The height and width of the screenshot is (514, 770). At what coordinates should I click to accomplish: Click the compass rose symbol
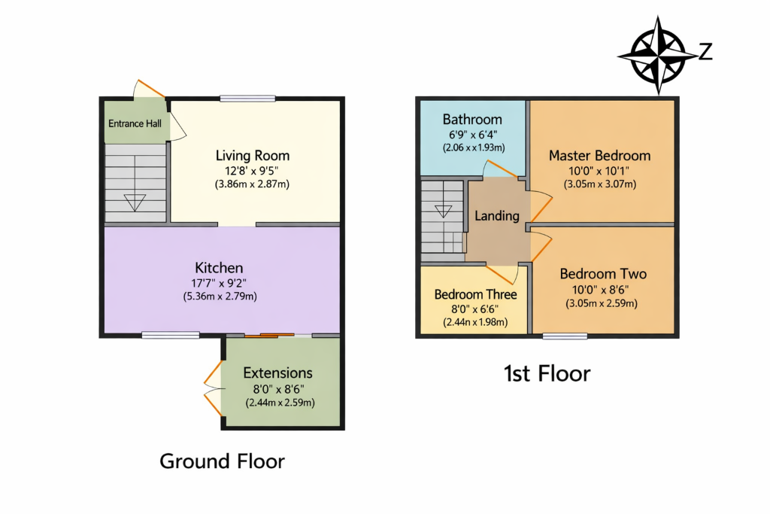pos(658,54)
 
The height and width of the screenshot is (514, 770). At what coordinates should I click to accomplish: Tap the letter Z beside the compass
pos(705,52)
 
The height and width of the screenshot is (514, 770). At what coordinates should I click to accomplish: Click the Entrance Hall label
pos(135,123)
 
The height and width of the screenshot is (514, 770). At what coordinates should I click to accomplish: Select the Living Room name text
pos(253,156)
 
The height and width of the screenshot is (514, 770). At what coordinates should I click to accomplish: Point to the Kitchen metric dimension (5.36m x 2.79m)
pos(220,297)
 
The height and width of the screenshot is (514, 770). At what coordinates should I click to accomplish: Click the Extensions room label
pos(278,373)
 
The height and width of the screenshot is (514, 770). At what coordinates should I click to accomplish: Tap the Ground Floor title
pos(222,461)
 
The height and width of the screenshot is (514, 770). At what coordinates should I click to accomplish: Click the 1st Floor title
pos(547,373)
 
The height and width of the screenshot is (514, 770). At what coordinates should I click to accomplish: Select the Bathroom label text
pos(472,120)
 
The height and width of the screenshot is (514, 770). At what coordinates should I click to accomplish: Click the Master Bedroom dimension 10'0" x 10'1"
pos(599,171)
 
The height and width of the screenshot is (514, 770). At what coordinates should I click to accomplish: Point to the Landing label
pos(497,216)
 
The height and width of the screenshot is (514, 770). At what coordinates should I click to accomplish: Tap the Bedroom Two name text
pos(603,274)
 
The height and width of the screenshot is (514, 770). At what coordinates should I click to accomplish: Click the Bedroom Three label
pos(475,294)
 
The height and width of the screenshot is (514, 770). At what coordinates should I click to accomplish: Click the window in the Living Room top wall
pos(247,99)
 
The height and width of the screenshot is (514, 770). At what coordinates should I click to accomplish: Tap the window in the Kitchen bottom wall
pos(171,335)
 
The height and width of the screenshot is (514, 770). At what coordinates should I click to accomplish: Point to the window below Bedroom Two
pos(565,336)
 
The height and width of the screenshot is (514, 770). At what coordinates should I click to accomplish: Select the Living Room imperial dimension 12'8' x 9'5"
pos(252,171)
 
